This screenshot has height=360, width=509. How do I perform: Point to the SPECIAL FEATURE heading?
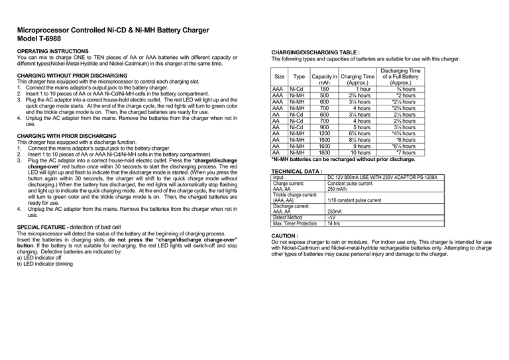click(x=44, y=227)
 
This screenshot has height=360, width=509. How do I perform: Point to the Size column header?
click(x=280, y=77)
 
